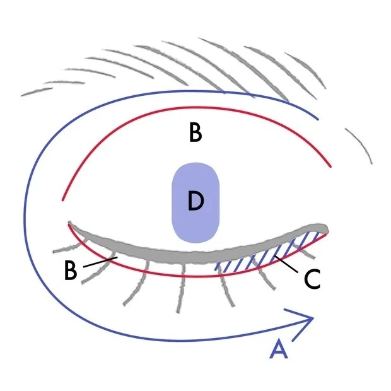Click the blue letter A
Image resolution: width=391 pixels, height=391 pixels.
(279, 348)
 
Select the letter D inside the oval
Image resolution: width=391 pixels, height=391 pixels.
(195, 202)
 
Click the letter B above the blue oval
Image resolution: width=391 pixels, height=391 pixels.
(195, 134)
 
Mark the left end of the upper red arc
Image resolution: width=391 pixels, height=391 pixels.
(62, 200)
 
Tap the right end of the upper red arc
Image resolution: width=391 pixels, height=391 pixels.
(331, 167)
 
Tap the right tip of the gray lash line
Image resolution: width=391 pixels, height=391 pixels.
(325, 226)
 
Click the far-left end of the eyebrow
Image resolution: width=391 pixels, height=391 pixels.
(24, 95)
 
